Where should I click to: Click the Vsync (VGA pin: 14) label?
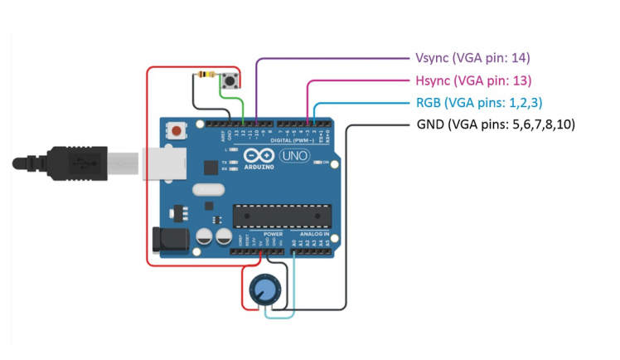[472, 58]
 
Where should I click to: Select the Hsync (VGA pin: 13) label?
[472, 80]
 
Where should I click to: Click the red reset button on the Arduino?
[177, 129]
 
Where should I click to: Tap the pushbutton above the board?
[232, 81]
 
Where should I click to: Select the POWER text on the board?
[273, 235]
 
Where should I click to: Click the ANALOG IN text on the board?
[314, 235]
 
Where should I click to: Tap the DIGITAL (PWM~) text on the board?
[299, 141]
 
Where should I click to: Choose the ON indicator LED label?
[324, 163]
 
